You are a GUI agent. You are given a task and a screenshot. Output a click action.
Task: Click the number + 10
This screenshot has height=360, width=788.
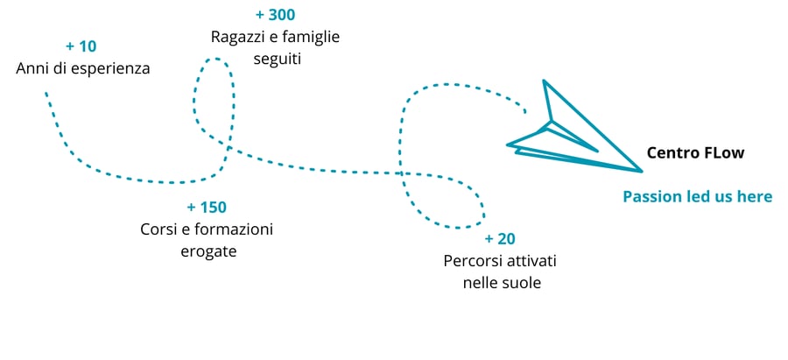point(81,46)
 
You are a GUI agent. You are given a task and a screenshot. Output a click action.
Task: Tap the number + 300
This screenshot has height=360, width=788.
point(275,15)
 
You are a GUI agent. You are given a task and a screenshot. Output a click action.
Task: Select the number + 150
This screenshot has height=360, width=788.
point(207,208)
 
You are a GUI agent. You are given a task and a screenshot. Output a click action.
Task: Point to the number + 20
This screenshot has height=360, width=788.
point(501,239)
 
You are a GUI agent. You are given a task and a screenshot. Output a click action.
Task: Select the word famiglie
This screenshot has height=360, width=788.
point(310,38)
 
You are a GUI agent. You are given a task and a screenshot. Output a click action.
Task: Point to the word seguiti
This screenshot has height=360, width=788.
point(275,60)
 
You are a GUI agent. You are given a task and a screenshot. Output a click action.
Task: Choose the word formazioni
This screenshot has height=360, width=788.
point(232,229)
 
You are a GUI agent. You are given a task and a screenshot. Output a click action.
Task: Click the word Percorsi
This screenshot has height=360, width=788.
point(473,261)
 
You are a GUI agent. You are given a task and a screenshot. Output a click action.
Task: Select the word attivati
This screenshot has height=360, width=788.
point(531,261)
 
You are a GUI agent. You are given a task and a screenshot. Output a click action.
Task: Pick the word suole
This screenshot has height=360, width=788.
point(522,283)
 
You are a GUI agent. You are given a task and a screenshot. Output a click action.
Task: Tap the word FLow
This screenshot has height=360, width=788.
point(724,152)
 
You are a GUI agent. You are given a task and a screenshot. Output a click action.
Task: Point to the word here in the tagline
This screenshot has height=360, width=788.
point(755,196)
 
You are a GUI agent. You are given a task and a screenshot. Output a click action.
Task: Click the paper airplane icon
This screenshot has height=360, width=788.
point(569,131)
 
